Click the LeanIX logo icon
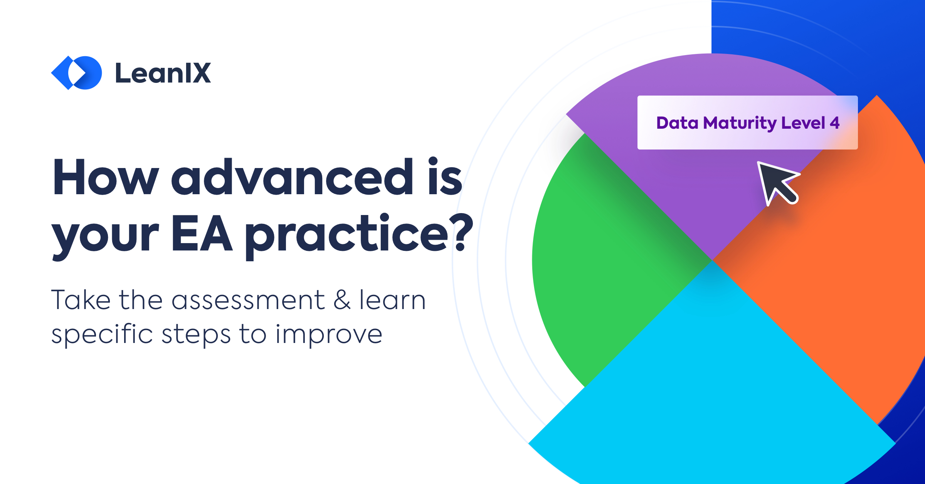pyautogui.click(x=76, y=72)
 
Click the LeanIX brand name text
pyautogui.click(x=163, y=73)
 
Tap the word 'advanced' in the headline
pyautogui.click(x=293, y=178)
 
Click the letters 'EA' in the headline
pyautogui.click(x=202, y=233)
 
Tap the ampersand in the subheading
pyautogui.click(x=342, y=300)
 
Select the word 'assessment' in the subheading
pyautogui.click(x=248, y=300)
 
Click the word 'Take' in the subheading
pyautogui.click(x=81, y=300)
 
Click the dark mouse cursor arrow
pyautogui.click(x=775, y=182)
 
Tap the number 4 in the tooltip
pyautogui.click(x=834, y=123)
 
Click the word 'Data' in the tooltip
pyautogui.click(x=677, y=123)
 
